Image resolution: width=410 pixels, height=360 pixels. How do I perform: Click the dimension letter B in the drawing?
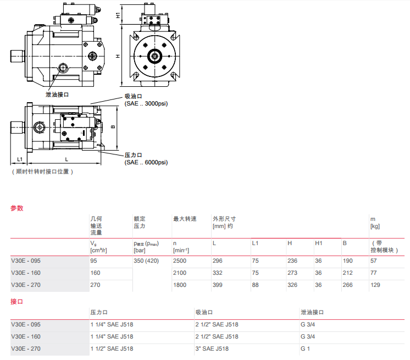(x=113, y=126)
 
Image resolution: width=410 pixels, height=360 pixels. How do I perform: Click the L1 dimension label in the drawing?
(x=19, y=159)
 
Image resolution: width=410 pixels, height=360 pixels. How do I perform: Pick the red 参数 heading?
(x=17, y=208)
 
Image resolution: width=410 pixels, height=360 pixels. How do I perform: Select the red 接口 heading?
(x=17, y=302)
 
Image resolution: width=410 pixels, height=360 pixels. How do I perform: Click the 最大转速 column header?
(x=185, y=219)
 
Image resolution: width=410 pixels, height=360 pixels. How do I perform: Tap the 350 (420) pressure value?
(x=146, y=261)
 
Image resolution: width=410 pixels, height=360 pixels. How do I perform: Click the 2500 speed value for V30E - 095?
(x=180, y=261)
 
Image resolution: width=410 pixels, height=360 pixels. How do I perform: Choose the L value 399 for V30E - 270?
(x=218, y=285)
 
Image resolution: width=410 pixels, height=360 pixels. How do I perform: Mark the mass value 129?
(x=375, y=285)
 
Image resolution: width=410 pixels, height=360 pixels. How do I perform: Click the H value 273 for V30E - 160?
(x=292, y=273)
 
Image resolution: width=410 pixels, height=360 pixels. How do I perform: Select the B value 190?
(x=347, y=261)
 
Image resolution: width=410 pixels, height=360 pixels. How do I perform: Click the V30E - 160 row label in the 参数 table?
(x=26, y=273)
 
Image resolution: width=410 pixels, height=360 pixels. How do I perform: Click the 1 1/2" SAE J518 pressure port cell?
(x=112, y=348)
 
